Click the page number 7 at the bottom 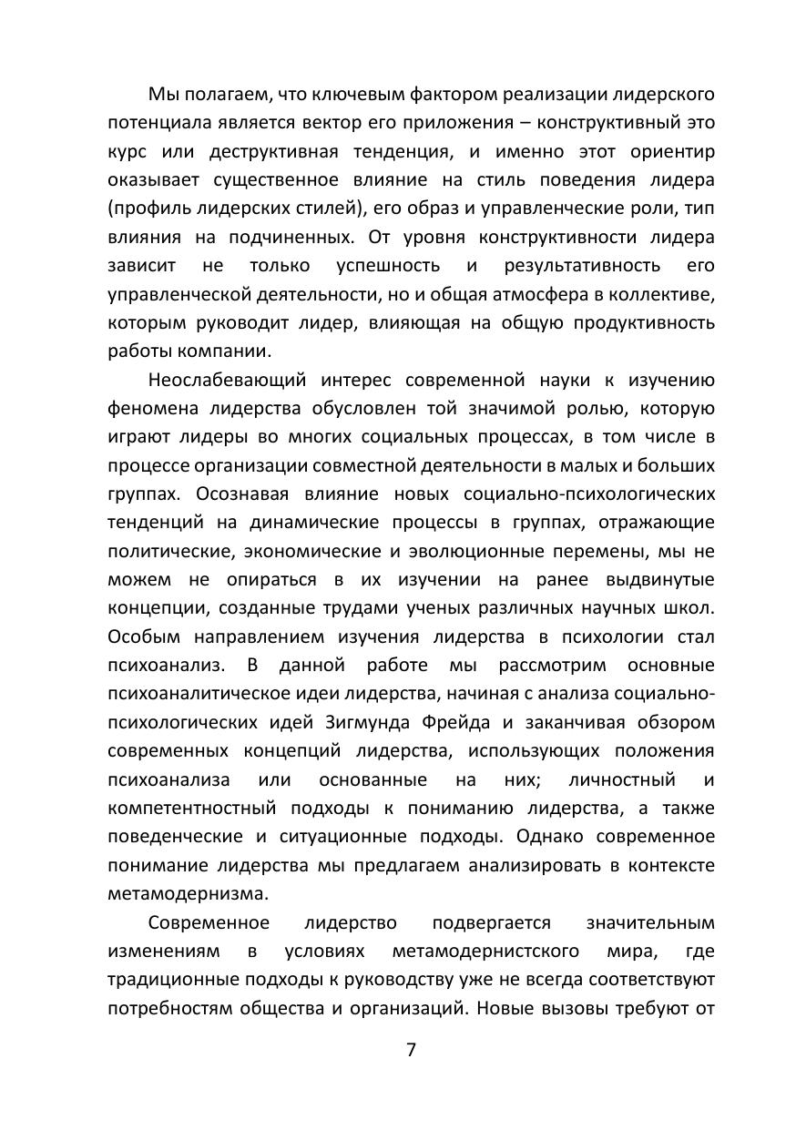click(410, 1049)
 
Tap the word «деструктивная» click(268, 151)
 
